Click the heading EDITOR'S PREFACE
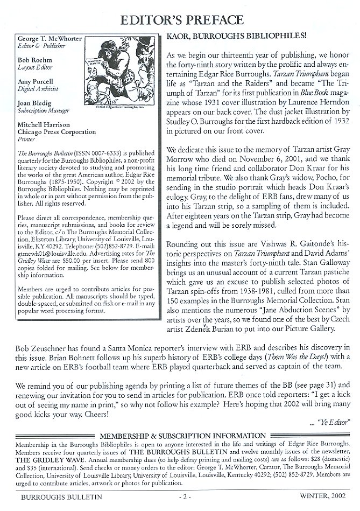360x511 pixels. tap(180, 20)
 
